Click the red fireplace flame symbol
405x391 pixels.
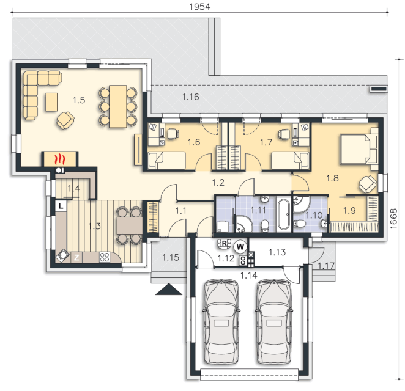[x=60, y=159]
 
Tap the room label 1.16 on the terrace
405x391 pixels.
[x=191, y=97]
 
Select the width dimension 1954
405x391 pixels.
[x=200, y=7]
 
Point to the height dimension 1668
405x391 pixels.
[x=393, y=218]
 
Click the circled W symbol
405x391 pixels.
[x=240, y=247]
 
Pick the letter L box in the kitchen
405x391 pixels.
[x=61, y=206]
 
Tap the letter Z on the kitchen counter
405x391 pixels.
[x=76, y=257]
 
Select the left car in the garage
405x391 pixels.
[x=221, y=321]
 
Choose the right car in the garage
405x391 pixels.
[x=274, y=321]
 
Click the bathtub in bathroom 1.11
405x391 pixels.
[x=283, y=214]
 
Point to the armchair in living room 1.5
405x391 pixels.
[x=65, y=120]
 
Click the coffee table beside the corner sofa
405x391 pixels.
[x=51, y=102]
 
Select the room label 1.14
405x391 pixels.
[x=249, y=276]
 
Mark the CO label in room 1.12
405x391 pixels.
[x=243, y=260]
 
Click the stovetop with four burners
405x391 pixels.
[x=105, y=257]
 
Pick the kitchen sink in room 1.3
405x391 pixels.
[x=62, y=256]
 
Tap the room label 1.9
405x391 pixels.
[x=349, y=210]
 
